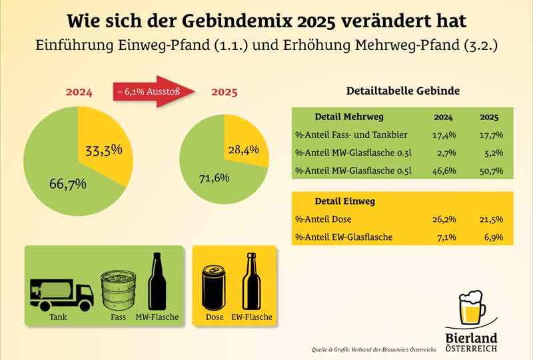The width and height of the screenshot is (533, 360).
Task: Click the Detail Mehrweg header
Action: [348, 117]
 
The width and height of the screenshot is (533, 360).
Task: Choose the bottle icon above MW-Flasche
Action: [157, 282]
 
